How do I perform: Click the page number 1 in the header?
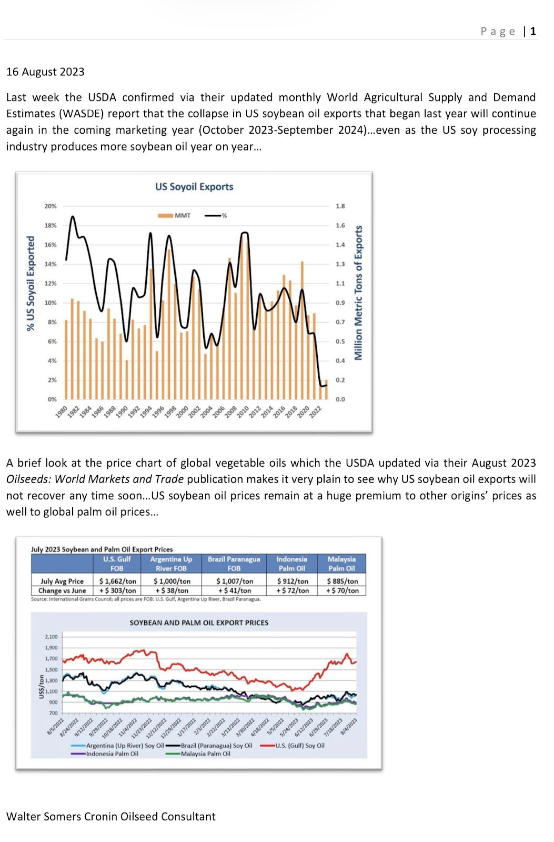click(533, 31)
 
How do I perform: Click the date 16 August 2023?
click(45, 72)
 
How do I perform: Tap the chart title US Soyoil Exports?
click(194, 186)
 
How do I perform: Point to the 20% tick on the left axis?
click(50, 206)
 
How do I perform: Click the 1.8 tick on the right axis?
click(340, 206)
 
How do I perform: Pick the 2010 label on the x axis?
click(243, 412)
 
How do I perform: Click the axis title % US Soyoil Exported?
click(31, 283)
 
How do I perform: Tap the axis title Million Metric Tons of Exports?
click(359, 293)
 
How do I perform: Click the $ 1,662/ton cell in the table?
click(117, 581)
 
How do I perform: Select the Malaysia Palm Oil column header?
click(341, 564)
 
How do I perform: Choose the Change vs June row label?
click(62, 590)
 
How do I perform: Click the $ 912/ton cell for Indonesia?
click(292, 581)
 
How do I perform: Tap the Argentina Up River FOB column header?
click(171, 564)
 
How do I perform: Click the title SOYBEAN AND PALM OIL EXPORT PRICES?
click(199, 623)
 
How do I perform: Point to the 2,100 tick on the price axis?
click(51, 637)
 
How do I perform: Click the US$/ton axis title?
click(41, 687)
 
